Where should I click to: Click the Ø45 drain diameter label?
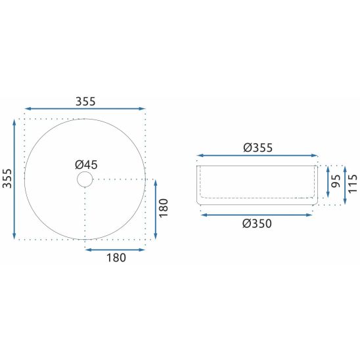pos(86,165)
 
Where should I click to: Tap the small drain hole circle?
pos(85,179)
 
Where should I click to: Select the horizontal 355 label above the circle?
pos(85,101)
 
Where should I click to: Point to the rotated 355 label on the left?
pos(7,179)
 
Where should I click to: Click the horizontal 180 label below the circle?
pos(116,258)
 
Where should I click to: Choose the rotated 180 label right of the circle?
pos(164,208)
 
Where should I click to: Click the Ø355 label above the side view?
pos(258,147)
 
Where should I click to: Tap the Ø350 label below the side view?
pos(257,223)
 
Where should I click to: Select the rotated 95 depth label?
pos(336,181)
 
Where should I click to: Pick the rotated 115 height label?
pos(353,184)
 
